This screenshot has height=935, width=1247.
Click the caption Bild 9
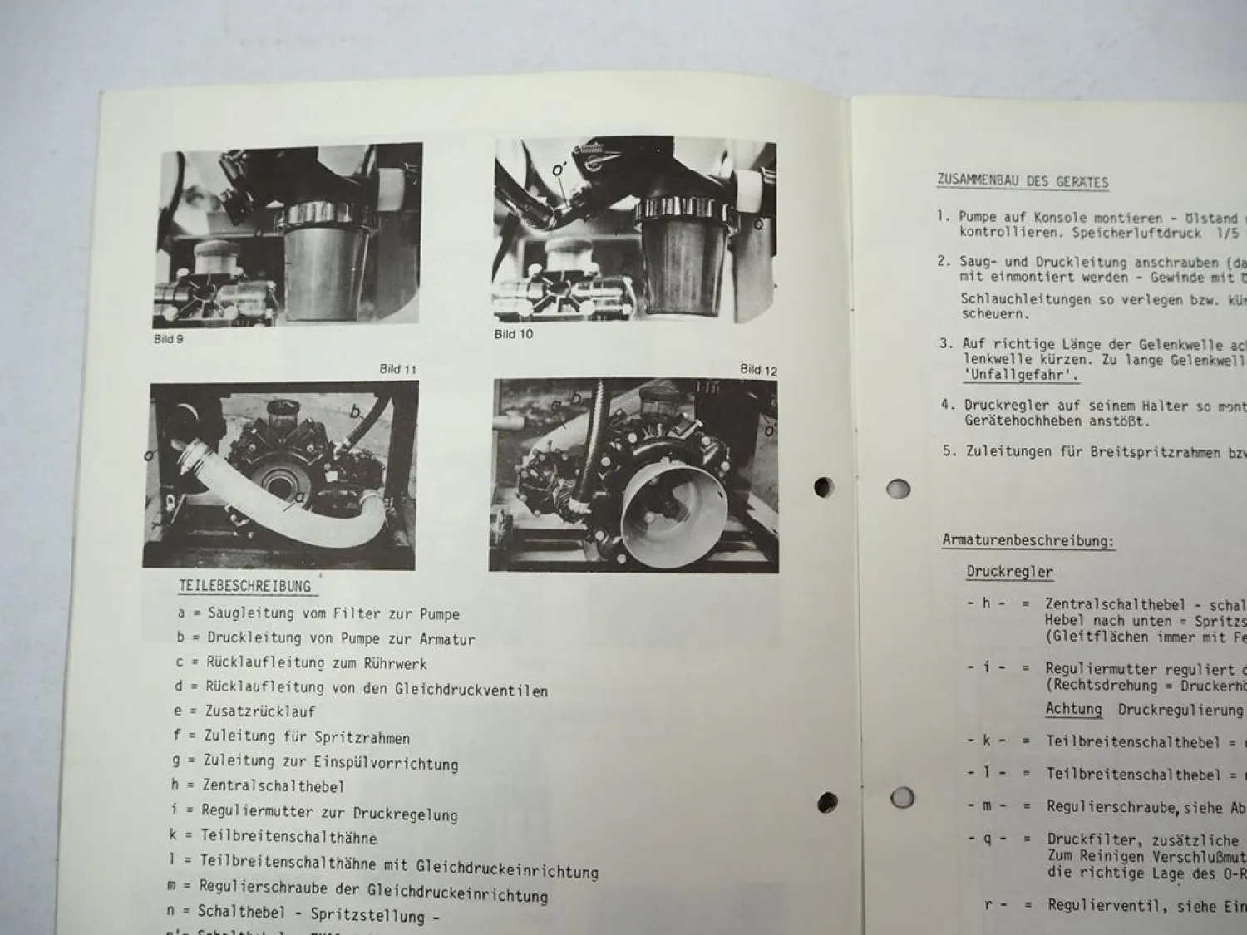tap(169, 340)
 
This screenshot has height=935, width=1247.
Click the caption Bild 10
tap(513, 334)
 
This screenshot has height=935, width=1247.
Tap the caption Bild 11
tap(398, 369)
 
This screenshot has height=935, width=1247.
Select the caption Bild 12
tap(757, 370)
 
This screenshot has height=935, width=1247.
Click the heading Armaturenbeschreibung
tap(1028, 541)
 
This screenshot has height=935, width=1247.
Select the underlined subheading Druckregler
tap(1009, 572)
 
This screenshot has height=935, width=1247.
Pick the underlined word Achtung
tap(1073, 709)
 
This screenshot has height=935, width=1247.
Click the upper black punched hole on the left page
tap(823, 487)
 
